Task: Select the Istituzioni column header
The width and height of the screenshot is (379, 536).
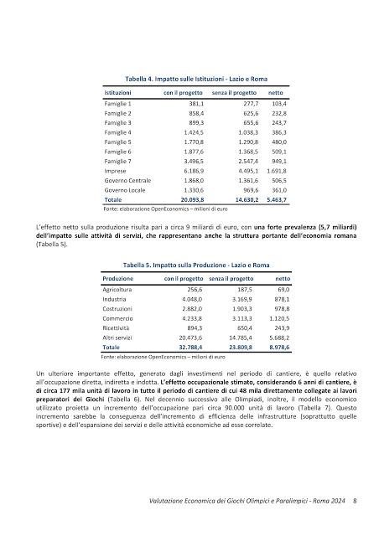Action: point(118,91)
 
